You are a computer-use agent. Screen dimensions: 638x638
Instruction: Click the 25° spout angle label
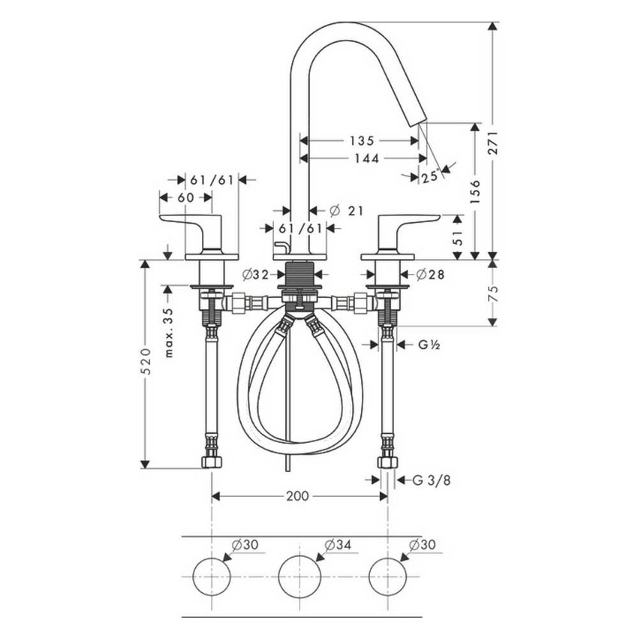429,177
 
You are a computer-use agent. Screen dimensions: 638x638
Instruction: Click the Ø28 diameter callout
429,275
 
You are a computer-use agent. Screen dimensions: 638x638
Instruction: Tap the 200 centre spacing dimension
299,496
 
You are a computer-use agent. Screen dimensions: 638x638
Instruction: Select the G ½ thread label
429,345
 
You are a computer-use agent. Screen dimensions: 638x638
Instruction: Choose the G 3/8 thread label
433,480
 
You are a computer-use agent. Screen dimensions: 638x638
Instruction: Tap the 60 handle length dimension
185,197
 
